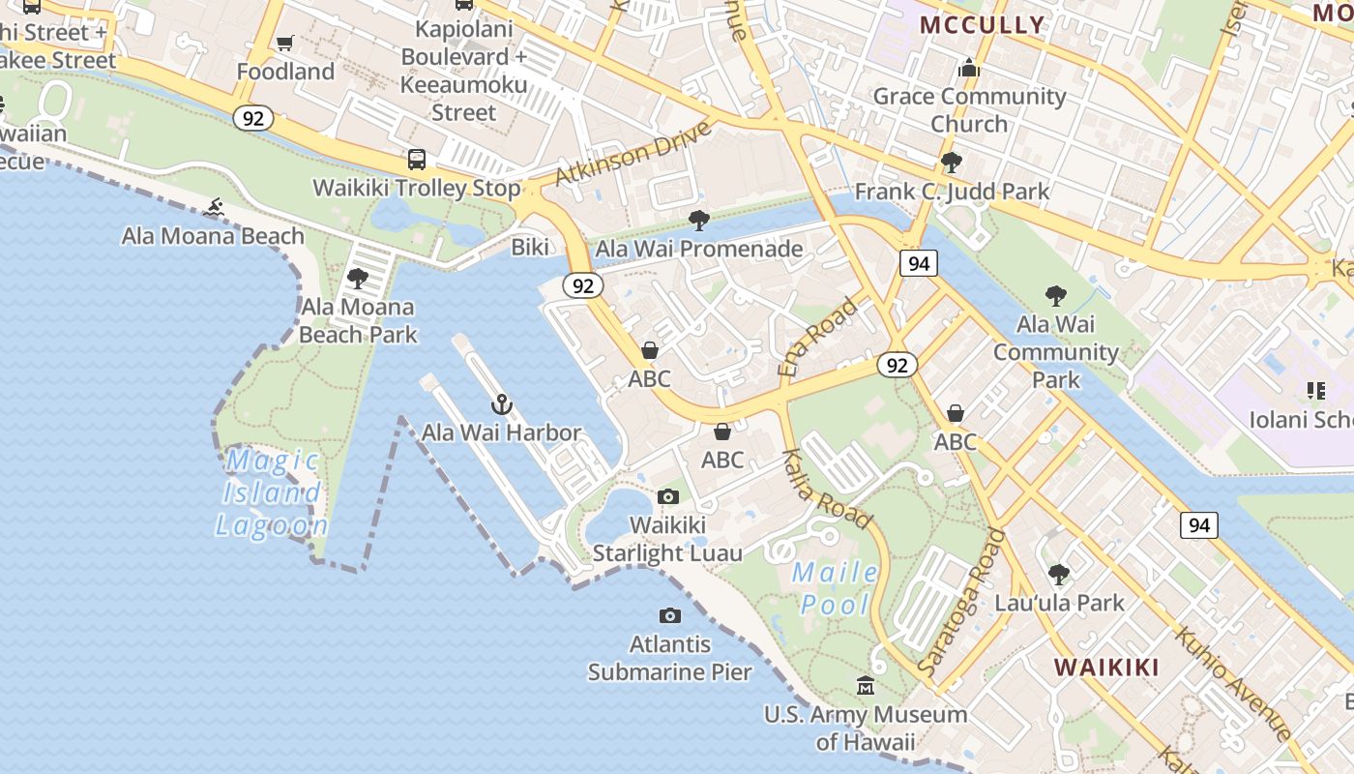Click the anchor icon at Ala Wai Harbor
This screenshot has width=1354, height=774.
[x=501, y=404]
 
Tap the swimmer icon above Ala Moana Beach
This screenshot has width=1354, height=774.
[x=215, y=207]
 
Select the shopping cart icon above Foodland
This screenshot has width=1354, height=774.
[x=284, y=43]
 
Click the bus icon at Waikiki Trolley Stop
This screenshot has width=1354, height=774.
[x=417, y=160]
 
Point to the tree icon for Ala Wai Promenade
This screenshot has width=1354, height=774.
[x=699, y=221]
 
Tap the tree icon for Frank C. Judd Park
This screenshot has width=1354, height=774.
[x=951, y=163]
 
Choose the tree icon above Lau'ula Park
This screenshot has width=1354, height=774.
[x=1059, y=574]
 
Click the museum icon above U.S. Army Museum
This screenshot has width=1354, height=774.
[x=866, y=686]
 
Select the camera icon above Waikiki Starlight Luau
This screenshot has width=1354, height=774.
[x=667, y=497]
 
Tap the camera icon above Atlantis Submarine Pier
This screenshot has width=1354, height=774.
[x=669, y=616]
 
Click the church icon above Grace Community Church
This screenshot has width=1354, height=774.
[x=969, y=69]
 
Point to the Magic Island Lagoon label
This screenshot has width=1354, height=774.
[x=271, y=492]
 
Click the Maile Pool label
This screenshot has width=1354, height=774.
[x=836, y=588]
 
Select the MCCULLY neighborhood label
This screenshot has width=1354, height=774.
[x=982, y=25]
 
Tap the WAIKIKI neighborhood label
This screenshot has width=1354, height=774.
[x=1106, y=667]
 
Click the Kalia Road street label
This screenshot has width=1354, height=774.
[x=826, y=489]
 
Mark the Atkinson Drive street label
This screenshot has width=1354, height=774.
[x=633, y=153]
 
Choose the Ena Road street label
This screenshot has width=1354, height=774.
[x=818, y=337]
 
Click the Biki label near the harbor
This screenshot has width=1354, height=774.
[x=530, y=247]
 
